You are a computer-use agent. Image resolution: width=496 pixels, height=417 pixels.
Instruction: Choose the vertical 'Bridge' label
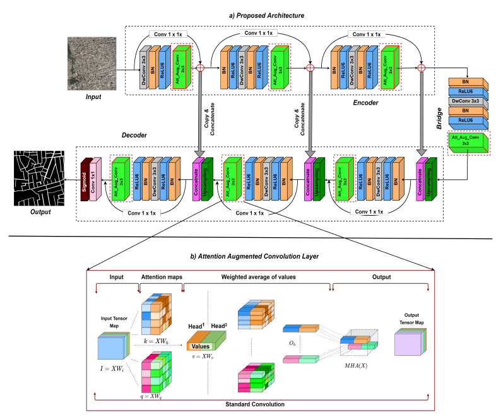pos(439,117)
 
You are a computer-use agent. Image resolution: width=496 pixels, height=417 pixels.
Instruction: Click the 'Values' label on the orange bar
pos(201,346)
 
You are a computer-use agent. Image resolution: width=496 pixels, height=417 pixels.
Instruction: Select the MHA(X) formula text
pos(353,365)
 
